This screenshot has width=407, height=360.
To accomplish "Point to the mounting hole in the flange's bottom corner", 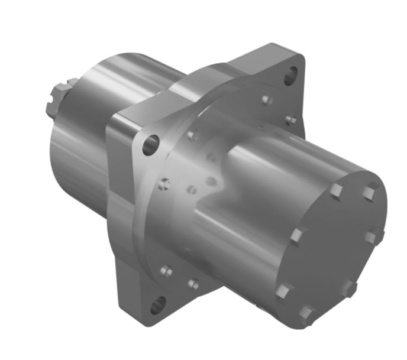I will pos(159,306).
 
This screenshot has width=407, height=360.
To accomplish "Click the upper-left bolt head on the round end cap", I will pos(336,191).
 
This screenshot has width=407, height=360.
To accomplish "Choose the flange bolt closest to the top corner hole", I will pos(267,99).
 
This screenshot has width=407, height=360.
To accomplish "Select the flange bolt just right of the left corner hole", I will pos(191,135).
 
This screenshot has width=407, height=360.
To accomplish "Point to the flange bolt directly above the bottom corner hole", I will pos(166,271).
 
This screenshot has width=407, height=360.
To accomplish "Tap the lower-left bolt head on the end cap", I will pos(285,290).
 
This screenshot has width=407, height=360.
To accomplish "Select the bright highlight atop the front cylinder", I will pos(266,154).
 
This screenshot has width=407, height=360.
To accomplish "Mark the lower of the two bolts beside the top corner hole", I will pos(290,121).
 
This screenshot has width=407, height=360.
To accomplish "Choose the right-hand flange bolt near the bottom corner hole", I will pos(193,284).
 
